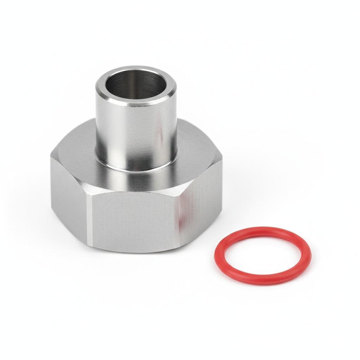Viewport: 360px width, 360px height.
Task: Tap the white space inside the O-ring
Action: pyautogui.click(x=262, y=256)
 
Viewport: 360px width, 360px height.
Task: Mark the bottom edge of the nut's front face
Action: pyautogui.click(x=134, y=251)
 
